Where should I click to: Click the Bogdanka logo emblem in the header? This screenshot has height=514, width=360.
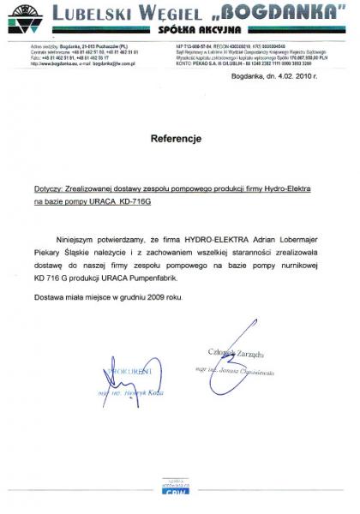(24, 16)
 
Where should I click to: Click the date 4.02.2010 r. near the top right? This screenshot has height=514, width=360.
(292, 76)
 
